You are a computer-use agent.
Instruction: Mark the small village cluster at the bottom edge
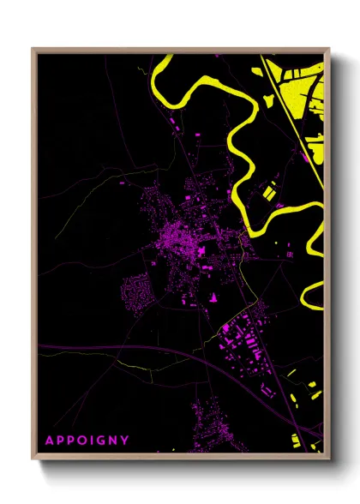(x=209, y=420)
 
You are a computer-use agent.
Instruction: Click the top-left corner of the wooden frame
(x=33, y=50)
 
